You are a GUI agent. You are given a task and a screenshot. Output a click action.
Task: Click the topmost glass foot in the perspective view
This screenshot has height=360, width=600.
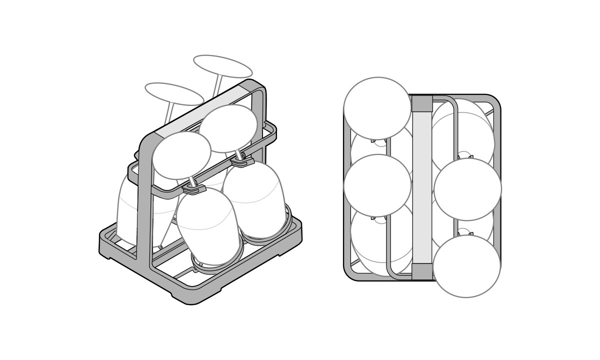[x=222, y=66]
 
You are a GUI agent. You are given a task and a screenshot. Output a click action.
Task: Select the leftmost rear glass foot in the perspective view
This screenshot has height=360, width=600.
[x=174, y=93]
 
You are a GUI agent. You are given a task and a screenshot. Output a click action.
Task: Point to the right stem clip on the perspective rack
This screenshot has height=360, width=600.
[x=242, y=161]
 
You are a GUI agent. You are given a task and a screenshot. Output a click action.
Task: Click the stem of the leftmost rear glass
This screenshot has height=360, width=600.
[x=169, y=114]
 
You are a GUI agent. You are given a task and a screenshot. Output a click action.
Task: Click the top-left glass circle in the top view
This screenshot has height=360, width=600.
[x=377, y=108]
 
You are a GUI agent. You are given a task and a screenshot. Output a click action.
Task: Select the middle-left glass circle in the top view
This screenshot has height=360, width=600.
[x=377, y=185]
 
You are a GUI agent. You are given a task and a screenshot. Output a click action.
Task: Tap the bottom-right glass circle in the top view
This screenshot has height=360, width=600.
[x=466, y=266]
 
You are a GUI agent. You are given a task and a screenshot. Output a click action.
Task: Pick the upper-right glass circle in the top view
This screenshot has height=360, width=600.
[x=467, y=189]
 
